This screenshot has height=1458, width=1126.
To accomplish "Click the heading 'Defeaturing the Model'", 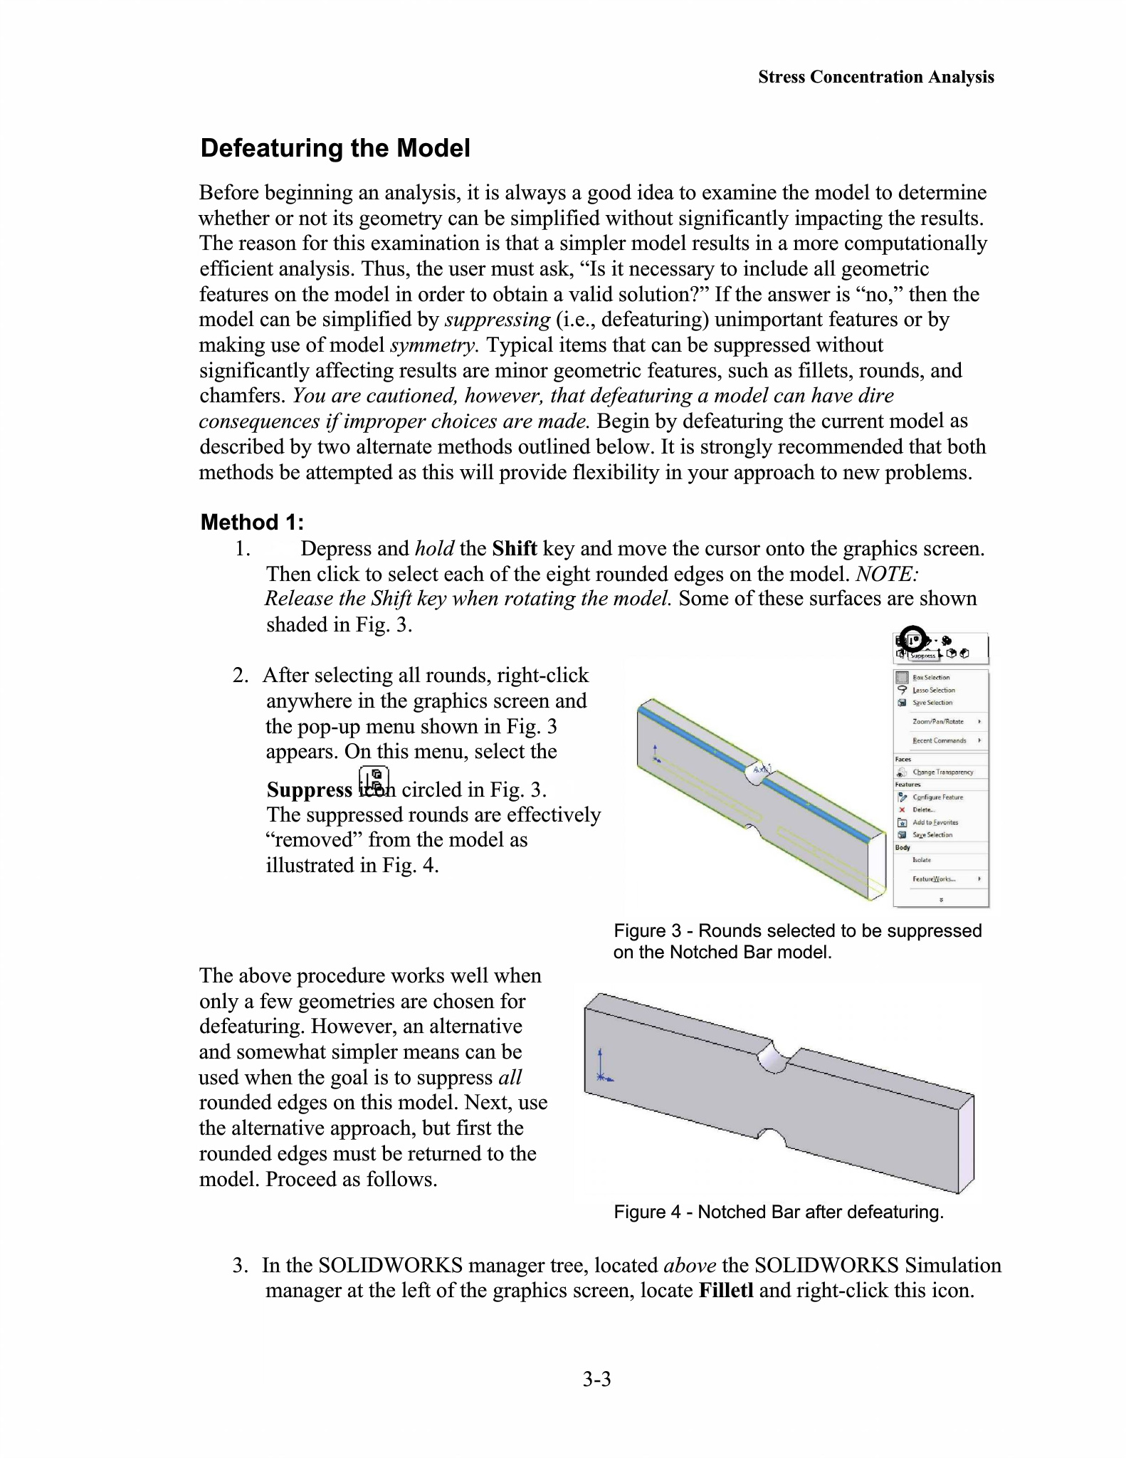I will coord(335,148).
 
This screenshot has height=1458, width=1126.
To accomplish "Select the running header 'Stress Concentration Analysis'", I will coord(875,77).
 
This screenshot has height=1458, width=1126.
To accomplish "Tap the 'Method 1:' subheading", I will coord(252,522).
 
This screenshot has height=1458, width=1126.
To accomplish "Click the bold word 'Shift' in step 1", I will coord(514,548).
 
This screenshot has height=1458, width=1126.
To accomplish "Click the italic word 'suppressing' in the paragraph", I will coord(497,320).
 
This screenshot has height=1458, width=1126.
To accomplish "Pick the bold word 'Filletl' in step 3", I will coord(726,1290).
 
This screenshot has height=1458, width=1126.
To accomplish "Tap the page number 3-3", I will coord(596,1380).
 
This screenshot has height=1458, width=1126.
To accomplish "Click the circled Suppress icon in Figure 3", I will coord(912,639).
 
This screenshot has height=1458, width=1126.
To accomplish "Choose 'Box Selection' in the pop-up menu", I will coord(931,677).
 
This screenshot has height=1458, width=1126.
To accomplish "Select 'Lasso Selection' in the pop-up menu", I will coord(934,690).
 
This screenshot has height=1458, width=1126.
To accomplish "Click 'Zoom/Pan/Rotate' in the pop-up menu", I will coord(938,721).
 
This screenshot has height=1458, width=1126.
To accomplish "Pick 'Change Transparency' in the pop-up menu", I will coord(943,772).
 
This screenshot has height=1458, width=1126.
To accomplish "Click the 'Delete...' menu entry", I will coord(924,809).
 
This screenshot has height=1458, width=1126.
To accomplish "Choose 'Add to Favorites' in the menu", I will coord(935,822).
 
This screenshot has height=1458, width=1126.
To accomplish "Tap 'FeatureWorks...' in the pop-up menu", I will coord(934,879).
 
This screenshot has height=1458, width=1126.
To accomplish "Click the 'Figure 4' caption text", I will coord(779,1212).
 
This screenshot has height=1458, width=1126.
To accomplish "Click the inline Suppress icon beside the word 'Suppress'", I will coord(374,781).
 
